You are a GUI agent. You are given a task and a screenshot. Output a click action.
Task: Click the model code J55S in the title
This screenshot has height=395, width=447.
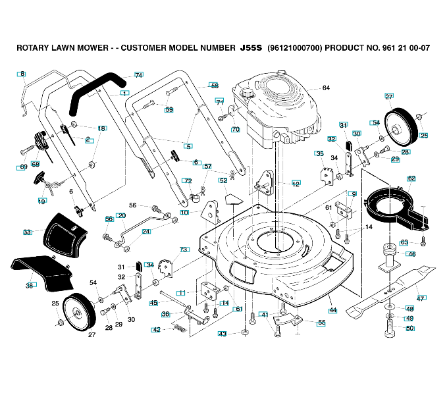click(251, 48)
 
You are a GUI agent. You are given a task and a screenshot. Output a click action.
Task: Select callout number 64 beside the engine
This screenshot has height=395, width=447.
click(326, 88)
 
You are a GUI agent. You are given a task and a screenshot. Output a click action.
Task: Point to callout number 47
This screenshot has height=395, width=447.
click(421, 298)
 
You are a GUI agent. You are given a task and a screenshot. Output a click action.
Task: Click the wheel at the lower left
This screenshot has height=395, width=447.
click(80, 312)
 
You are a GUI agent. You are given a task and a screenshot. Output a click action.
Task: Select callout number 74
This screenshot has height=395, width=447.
click(138, 75)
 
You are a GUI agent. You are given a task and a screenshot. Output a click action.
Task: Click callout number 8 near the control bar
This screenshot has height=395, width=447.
click(21, 74)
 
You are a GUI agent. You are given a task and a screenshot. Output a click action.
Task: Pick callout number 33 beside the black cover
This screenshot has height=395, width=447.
click(27, 232)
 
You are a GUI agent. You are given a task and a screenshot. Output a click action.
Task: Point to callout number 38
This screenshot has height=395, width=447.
click(30, 286)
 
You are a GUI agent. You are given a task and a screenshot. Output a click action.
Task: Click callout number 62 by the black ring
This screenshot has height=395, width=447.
click(411, 178)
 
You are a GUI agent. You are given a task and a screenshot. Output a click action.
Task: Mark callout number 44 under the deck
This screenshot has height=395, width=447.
click(333, 309)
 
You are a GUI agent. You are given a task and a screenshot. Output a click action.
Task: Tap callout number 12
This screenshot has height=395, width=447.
click(296, 183)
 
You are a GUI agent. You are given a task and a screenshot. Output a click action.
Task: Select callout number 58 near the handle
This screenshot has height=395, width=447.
click(214, 86)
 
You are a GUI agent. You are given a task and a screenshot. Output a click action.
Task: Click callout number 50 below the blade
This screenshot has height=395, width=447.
click(409, 328)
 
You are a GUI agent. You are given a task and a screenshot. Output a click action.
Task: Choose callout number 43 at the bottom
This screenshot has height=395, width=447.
click(223, 334)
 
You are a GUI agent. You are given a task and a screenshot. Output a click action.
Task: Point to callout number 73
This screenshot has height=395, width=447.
click(184, 250)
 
